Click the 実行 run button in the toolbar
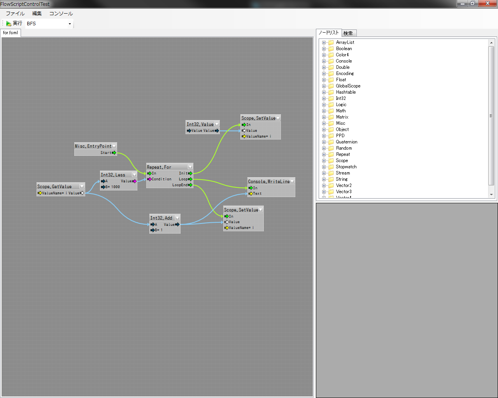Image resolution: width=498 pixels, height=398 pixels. click(14, 23)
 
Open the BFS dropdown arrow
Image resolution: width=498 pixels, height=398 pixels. click(70, 24)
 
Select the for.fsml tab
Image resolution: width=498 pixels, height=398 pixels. click(11, 33)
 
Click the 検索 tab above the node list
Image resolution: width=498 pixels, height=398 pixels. click(348, 33)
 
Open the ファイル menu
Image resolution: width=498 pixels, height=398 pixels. click(15, 14)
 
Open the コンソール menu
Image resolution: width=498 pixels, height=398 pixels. click(61, 14)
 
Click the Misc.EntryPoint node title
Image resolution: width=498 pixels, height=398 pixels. click(93, 146)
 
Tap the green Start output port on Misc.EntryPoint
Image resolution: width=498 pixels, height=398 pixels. click(114, 153)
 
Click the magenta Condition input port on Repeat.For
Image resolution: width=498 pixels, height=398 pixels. click(149, 179)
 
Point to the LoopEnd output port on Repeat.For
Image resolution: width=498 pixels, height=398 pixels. click(190, 185)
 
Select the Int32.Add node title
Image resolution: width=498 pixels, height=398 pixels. click(161, 218)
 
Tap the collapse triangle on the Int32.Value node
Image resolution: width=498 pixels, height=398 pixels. click(217, 124)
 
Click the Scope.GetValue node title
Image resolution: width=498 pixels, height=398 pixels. click(54, 187)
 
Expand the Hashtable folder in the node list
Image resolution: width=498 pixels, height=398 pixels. click(324, 92)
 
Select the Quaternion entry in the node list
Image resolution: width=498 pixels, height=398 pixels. click(346, 142)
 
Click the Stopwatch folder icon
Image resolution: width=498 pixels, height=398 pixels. click(331, 167)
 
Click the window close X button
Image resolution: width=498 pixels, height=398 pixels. click(487, 3)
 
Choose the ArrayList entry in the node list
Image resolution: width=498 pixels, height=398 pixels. click(345, 42)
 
